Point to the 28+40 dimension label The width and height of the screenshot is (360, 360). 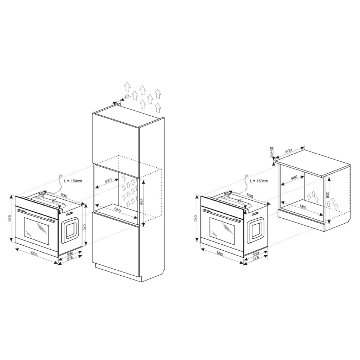272,152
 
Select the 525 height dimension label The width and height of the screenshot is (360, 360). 84,227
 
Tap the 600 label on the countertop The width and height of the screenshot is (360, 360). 289,151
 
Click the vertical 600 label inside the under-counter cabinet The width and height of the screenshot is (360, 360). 328,195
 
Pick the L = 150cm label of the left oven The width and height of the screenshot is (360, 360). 73,181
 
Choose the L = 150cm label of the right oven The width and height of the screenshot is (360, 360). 259,181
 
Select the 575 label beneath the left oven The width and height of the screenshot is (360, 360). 70,258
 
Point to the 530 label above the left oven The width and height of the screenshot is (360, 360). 64,196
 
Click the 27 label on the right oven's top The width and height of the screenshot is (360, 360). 239,200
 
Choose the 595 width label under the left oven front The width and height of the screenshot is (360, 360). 34,254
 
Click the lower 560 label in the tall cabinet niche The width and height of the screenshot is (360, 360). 117,210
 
